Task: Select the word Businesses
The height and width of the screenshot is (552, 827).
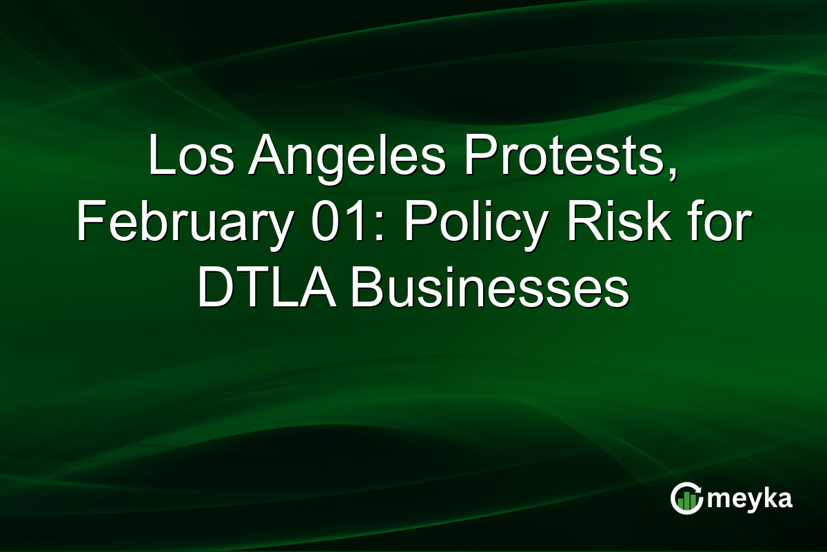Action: click(x=489, y=288)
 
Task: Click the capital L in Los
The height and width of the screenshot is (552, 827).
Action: click(x=159, y=157)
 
